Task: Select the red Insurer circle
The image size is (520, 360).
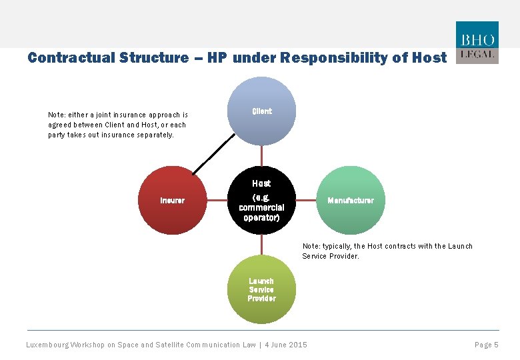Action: click(173, 200)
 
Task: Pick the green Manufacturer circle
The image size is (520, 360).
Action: click(351, 200)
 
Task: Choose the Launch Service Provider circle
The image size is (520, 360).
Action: click(261, 289)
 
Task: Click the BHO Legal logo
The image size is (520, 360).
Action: click(476, 43)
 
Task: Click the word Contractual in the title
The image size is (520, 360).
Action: click(74, 58)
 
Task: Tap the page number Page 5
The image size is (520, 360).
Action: click(486, 345)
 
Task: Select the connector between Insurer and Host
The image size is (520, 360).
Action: click(217, 200)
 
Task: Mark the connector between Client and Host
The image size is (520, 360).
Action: click(261, 156)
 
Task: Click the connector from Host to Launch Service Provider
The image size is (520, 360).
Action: click(261, 244)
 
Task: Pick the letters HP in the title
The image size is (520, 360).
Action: click(217, 58)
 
